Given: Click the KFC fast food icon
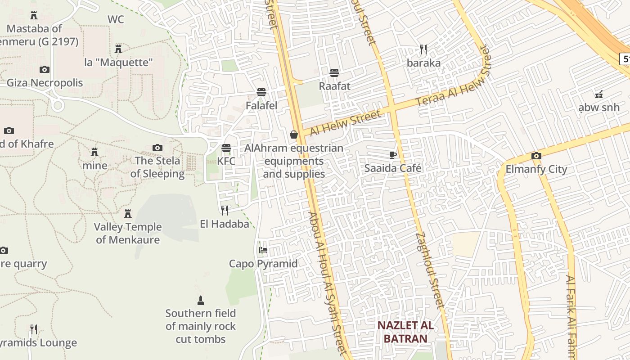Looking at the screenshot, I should tap(226, 148).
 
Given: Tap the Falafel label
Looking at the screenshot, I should tap(261, 105).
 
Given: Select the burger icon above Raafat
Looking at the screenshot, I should tap(334, 72).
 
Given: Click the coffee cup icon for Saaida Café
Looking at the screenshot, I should tap(393, 155).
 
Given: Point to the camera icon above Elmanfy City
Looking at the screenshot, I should tap(536, 156).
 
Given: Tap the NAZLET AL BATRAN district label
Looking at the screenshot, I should tap(405, 332).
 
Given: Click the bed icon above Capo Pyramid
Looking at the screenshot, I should tap(263, 250).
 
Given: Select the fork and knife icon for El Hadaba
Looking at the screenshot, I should tap(224, 210).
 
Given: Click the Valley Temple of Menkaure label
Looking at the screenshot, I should tap(128, 233).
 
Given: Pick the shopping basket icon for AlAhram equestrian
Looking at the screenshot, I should tap(294, 135).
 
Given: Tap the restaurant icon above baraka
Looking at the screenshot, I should tap(423, 49).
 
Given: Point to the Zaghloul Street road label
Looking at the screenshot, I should tap(430, 270).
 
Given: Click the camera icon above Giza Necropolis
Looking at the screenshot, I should tap(44, 69).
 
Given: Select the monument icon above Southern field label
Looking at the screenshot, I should tap(201, 300).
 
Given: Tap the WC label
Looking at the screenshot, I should tap(116, 19).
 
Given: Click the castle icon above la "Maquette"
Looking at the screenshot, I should tap(118, 49).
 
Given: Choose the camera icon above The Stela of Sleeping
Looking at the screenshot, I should tap(157, 148).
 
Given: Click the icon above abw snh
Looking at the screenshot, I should tap(598, 94).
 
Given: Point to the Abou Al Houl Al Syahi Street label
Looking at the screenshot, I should tap(328, 283).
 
